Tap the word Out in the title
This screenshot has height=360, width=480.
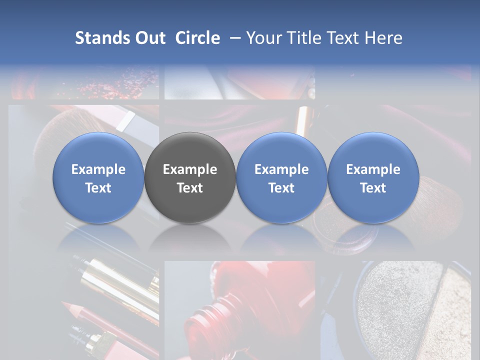(x=149, y=38)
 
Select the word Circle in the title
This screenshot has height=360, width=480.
(x=197, y=38)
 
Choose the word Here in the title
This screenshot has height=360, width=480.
(x=384, y=38)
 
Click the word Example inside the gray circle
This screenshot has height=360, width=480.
(x=190, y=169)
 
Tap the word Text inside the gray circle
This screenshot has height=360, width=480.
(x=190, y=188)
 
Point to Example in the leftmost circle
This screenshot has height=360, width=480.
(x=98, y=169)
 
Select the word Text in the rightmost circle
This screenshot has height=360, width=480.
(x=373, y=188)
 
